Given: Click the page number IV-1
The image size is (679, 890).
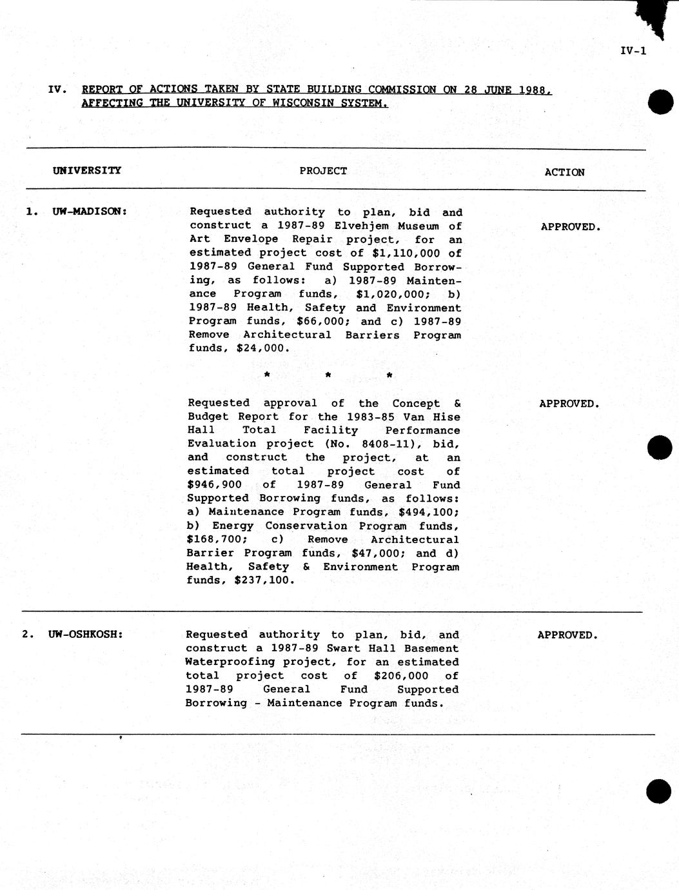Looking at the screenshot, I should (x=633, y=51).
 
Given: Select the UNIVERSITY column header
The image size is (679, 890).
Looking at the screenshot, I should (x=86, y=170).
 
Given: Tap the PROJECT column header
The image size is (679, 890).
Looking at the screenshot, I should (x=323, y=171).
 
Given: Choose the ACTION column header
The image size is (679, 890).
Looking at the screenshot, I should (x=564, y=172).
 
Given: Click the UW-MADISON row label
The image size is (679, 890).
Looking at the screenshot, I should (x=89, y=211).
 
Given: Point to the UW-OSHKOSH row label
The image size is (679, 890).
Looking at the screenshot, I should (x=85, y=634).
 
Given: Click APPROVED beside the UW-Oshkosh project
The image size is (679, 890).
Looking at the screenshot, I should (x=567, y=635).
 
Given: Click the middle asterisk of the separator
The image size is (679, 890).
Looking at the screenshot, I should (x=328, y=375).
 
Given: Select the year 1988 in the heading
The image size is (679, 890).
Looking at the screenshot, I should (x=533, y=90).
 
